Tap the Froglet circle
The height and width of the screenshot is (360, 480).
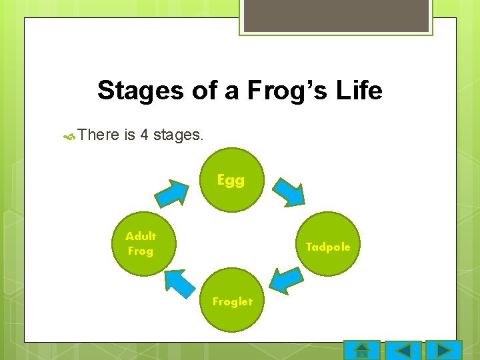point(232,301)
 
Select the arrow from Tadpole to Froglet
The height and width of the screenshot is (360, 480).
point(287,280)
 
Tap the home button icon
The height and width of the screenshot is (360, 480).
point(361,351)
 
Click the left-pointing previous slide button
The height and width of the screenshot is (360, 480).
point(403,351)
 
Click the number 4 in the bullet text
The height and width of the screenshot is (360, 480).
point(144,135)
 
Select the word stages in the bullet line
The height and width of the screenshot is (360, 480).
point(178,135)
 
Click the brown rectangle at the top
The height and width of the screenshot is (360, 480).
point(336,15)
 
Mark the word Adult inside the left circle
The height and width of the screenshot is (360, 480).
point(141,236)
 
